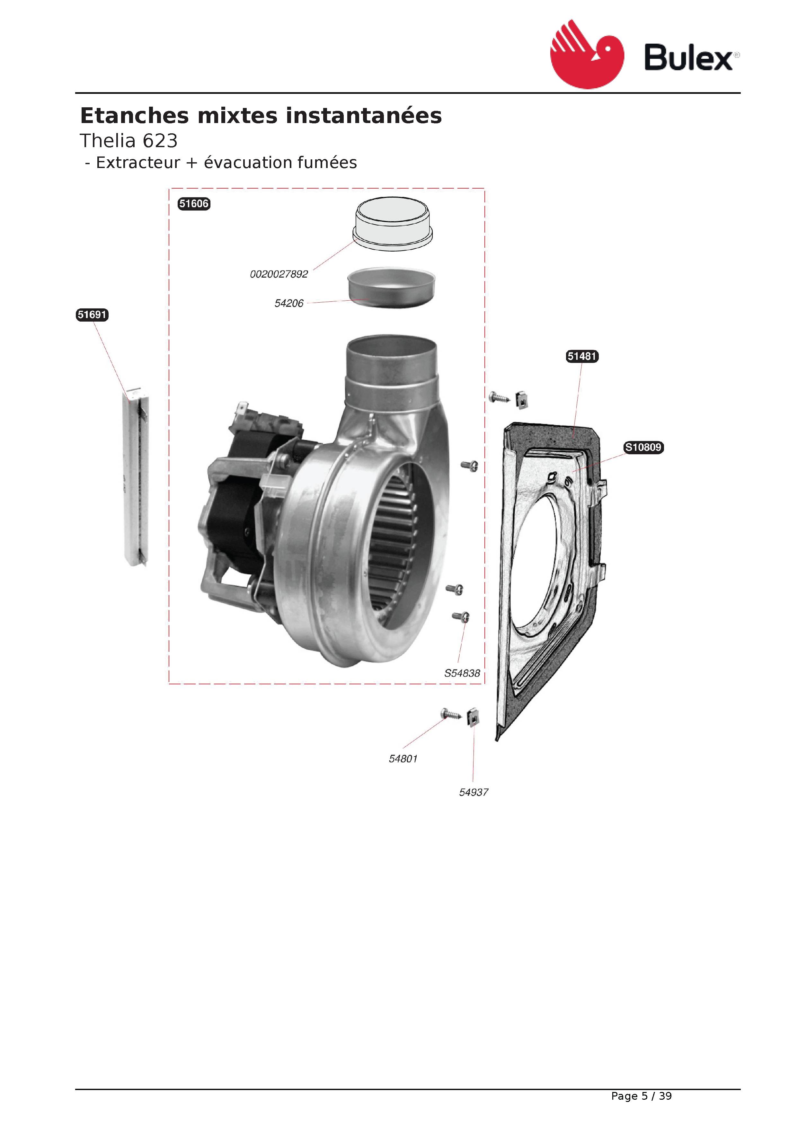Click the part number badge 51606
[x=194, y=204]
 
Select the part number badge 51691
[x=92, y=315]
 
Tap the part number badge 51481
[x=582, y=356]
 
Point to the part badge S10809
[x=643, y=447]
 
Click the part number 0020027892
[x=279, y=274]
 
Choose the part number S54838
[x=462, y=673]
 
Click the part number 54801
[x=403, y=759]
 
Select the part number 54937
[x=474, y=792]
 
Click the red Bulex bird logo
[x=587, y=55]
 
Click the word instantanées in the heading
[x=364, y=116]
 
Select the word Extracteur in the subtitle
[x=138, y=163]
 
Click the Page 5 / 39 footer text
[x=641, y=1096]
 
